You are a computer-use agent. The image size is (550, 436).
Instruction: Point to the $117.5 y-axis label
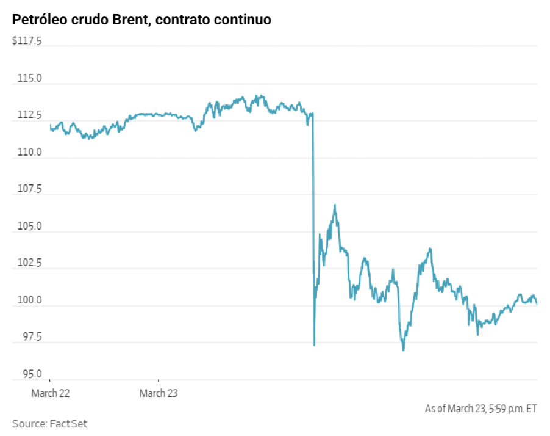point(27,42)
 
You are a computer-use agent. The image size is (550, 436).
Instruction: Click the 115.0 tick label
point(30,79)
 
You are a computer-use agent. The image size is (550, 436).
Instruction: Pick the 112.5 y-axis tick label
point(30,115)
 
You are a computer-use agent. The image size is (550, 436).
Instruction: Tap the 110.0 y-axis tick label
point(30,152)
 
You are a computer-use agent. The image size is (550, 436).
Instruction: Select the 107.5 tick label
point(30,189)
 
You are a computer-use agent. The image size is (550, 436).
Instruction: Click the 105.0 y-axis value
point(30,227)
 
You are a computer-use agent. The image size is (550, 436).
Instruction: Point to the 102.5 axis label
point(30,263)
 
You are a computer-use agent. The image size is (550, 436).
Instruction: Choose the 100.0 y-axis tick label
point(30,300)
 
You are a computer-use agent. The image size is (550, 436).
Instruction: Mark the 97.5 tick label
point(31,337)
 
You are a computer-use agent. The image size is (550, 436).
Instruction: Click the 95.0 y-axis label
point(31,374)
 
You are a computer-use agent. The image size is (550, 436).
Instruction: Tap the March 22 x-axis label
point(50,393)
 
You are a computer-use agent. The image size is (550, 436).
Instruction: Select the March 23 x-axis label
point(159,393)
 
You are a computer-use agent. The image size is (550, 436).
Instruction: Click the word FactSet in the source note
point(69,423)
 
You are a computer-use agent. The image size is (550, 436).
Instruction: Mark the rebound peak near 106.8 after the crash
point(335,205)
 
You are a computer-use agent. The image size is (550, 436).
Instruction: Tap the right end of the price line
point(537,304)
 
